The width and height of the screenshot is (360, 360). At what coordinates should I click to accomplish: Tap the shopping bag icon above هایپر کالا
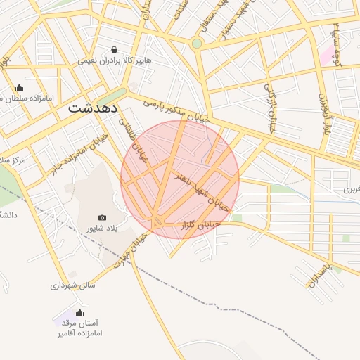[115, 49]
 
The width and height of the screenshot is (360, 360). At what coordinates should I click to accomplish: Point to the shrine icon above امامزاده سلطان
[19, 88]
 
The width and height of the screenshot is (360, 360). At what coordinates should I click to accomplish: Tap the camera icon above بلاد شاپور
[102, 218]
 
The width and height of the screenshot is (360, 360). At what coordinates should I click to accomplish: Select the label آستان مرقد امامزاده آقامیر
[79, 328]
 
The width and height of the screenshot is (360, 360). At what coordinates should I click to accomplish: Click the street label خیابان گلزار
[201, 224]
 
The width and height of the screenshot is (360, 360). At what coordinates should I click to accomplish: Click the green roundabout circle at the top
[197, 44]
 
